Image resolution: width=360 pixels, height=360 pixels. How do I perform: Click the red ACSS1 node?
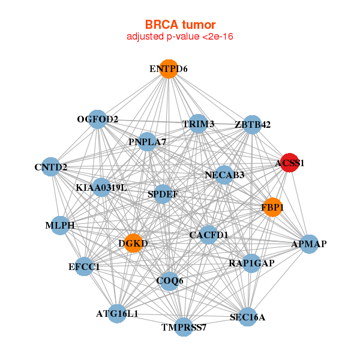290,163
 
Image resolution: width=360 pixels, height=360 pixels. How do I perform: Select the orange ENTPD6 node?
169,69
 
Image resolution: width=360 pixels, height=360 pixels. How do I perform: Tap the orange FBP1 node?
272,207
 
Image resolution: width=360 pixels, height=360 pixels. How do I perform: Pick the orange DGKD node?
133,243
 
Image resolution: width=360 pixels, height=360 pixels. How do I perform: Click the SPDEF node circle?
162,194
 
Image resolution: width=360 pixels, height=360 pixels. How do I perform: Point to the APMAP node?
308,244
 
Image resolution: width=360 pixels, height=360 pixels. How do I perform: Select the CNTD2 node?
51,166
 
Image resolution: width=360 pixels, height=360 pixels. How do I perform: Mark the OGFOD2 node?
97,119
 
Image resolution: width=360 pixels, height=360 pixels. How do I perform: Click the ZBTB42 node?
253,125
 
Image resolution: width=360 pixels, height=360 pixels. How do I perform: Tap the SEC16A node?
247,317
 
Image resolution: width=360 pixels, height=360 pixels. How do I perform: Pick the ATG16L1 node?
117,313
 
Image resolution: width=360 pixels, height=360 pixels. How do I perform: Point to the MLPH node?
59,226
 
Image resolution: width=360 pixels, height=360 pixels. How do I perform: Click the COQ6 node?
170,281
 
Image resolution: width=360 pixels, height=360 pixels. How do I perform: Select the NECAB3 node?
224,175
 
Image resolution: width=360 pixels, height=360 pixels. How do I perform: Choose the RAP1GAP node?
251,263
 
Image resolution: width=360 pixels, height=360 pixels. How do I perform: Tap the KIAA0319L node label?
101,188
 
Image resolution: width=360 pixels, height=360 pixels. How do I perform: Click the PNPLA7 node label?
147,142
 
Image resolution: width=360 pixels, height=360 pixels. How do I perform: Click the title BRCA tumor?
179,25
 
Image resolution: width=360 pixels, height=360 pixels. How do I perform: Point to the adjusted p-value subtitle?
179,37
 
